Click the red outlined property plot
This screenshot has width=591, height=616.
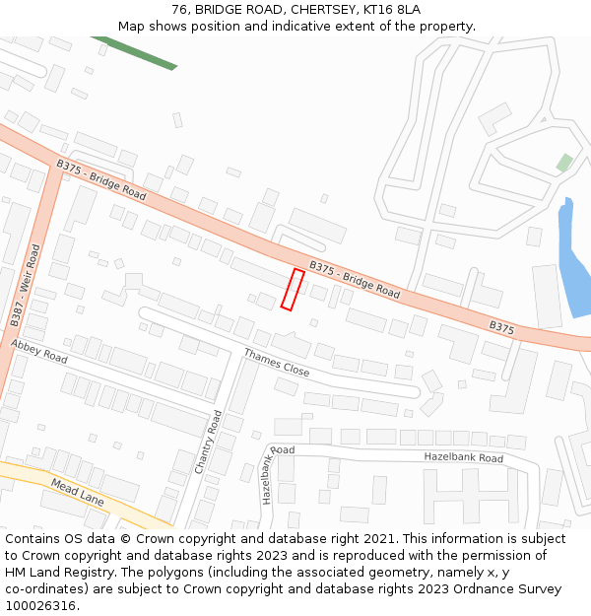(292, 289)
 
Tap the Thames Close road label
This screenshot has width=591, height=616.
(277, 363)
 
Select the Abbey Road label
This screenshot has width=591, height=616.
(39, 352)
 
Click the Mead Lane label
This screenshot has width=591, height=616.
(77, 493)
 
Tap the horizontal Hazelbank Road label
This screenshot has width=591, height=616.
(463, 458)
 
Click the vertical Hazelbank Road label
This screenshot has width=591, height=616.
(268, 475)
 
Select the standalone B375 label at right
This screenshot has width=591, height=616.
(501, 326)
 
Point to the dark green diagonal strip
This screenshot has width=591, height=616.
(135, 52)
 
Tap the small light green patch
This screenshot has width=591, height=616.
(563, 162)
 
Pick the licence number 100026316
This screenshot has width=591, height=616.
(40, 605)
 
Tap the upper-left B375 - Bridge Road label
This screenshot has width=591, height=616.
(101, 181)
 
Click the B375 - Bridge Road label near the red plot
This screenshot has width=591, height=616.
(355, 280)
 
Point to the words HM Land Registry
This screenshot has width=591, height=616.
(49, 572)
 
